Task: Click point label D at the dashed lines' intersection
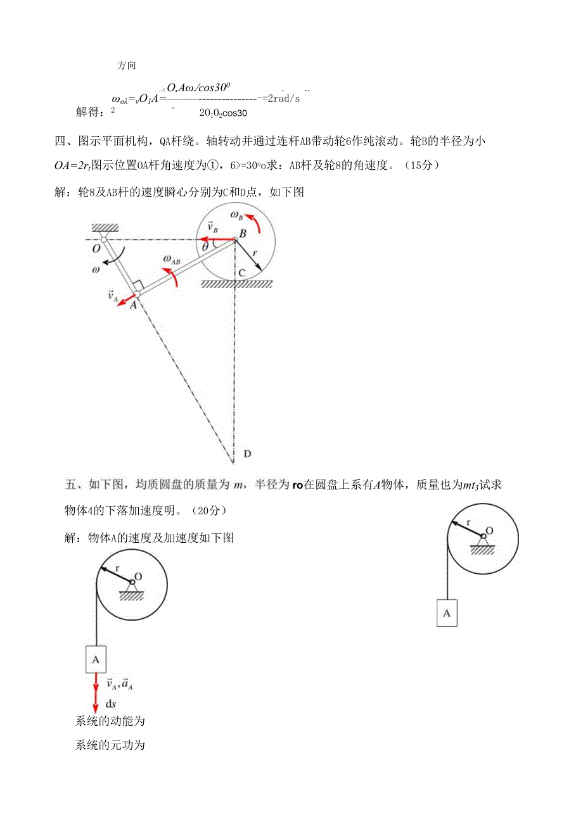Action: click(x=247, y=453)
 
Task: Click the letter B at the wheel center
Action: click(x=243, y=234)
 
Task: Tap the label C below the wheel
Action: click(x=242, y=274)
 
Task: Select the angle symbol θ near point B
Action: click(x=205, y=244)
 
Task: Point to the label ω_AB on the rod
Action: click(x=172, y=258)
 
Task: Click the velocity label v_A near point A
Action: click(x=113, y=296)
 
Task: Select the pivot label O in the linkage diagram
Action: click(x=96, y=249)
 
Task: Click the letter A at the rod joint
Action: click(x=133, y=305)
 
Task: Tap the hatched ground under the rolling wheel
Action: click(x=236, y=284)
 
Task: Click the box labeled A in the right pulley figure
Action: click(x=447, y=613)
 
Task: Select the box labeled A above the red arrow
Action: click(x=96, y=659)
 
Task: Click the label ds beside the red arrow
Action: click(x=110, y=703)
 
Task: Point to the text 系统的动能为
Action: click(x=110, y=721)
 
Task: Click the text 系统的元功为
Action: click(x=110, y=745)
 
